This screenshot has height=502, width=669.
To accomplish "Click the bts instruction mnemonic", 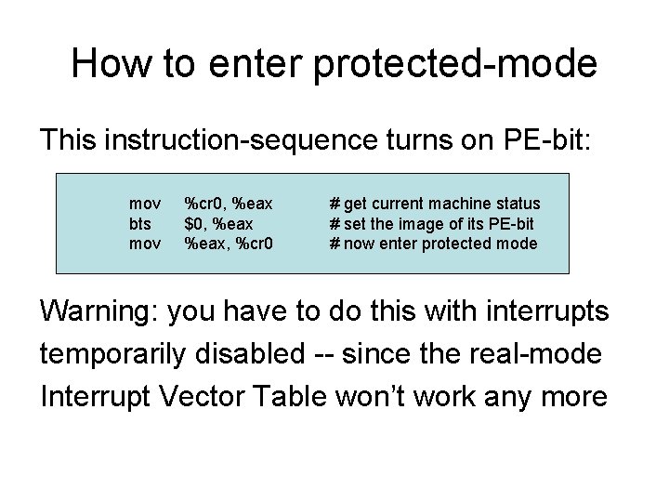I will pos(140,223).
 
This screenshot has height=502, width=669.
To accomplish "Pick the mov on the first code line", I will pos(144,203).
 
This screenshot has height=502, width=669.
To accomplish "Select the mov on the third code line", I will pos(144,244).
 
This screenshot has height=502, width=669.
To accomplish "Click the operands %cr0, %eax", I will pos(228,203).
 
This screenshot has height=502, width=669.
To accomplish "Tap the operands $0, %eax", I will pos(218,223).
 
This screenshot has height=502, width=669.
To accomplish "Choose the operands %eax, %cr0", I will pos(228,244).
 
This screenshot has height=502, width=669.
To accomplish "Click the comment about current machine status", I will pos(435,203).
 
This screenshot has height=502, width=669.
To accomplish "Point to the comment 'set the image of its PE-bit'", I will pos(431,223).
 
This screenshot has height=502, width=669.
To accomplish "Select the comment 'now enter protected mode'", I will pos(433,244).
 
